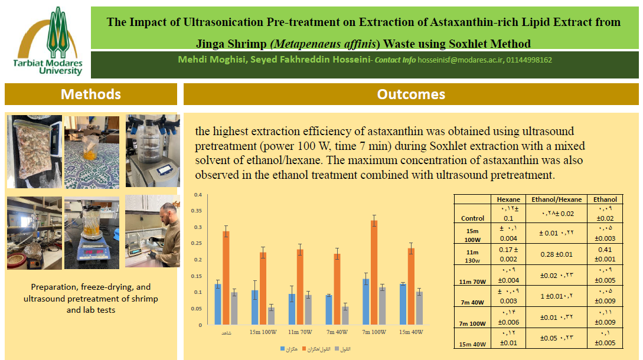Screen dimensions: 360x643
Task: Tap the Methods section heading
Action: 91,94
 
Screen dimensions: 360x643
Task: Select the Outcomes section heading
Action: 411,94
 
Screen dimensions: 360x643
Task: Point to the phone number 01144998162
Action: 529,60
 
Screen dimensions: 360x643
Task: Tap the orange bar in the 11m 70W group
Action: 300,287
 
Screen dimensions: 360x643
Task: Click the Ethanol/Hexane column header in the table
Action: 556,199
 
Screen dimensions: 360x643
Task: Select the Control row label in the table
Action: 472,218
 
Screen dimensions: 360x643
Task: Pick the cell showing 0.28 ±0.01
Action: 557,254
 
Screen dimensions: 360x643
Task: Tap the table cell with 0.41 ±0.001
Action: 606,254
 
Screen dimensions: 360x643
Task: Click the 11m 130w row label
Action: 472,255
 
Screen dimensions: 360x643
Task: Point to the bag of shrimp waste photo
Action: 34,151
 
